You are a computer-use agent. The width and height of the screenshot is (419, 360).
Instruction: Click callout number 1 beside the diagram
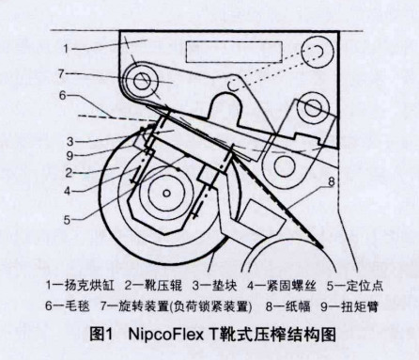click(x=66, y=49)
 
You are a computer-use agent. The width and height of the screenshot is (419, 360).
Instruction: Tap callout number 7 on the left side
click(x=61, y=74)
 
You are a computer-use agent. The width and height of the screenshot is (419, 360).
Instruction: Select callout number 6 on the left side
click(x=63, y=95)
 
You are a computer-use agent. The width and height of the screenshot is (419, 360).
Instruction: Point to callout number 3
click(x=70, y=141)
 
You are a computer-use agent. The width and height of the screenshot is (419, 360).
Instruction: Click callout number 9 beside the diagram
click(x=70, y=156)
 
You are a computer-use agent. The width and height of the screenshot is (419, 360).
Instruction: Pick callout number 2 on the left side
click(x=69, y=173)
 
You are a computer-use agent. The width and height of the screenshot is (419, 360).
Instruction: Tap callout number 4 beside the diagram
click(x=68, y=191)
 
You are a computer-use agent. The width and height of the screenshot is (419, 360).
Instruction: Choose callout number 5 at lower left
click(x=67, y=220)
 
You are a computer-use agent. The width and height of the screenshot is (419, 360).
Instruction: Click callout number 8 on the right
click(x=332, y=181)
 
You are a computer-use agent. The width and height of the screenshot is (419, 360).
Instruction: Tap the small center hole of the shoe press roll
click(x=167, y=194)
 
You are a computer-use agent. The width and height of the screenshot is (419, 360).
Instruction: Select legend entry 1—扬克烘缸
click(x=80, y=286)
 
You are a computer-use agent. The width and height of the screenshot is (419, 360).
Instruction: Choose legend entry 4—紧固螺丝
click(x=282, y=286)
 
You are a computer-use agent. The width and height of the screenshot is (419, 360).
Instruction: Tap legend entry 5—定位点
click(x=355, y=286)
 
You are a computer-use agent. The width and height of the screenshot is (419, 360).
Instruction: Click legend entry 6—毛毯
click(x=68, y=305)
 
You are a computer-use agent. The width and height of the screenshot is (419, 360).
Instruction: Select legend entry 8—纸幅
click(x=288, y=305)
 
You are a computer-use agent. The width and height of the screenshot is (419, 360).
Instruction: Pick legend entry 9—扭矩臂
click(x=349, y=305)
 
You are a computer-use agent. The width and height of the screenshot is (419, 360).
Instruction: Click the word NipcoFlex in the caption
click(x=166, y=335)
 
